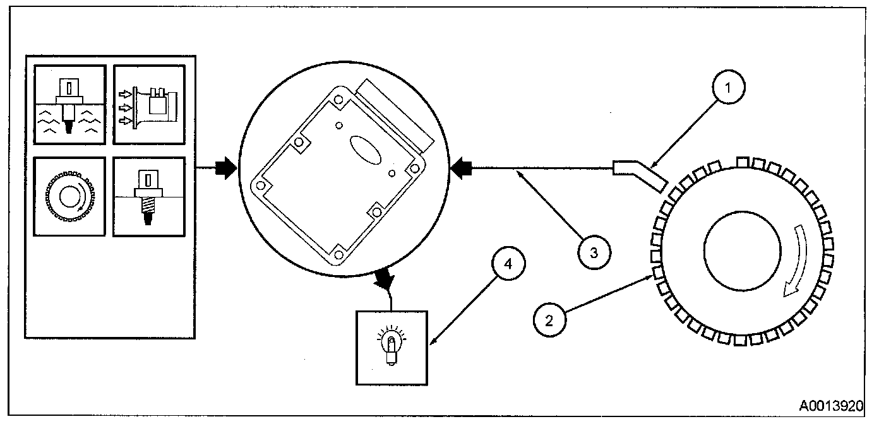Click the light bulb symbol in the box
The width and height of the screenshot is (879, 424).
coord(392,346)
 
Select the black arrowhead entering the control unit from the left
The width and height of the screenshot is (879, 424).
coord(225,168)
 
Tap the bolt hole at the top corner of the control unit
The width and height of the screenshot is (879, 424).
coord(339,99)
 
